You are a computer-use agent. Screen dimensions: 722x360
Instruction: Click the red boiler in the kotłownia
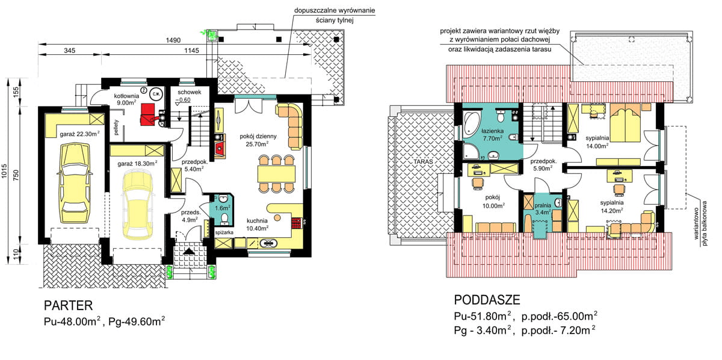coord(147,114)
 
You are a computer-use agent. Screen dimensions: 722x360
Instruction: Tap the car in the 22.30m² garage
coord(75,183)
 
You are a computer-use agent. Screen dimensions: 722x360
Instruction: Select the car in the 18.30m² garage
coord(138,205)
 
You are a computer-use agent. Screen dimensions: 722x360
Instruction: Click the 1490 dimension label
coord(173,40)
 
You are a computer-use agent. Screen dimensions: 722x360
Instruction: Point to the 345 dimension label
coord(69,51)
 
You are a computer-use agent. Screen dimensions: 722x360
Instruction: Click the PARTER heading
coord(69,305)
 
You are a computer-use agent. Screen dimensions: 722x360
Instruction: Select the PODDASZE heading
coord(487,300)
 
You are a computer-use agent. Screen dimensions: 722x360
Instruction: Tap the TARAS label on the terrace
coord(423,161)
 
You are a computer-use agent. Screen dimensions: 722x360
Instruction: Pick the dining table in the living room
coord(277,174)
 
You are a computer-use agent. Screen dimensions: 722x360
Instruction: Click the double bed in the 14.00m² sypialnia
coord(625,123)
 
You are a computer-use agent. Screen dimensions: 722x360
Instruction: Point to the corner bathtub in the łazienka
coord(471,122)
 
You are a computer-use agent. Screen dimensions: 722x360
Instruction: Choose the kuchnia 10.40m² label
coord(257,225)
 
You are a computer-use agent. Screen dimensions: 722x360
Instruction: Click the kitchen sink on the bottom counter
coord(268,243)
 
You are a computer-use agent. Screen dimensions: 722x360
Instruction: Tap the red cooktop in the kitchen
coord(297,223)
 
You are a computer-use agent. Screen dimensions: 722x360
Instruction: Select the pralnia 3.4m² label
coord(543,208)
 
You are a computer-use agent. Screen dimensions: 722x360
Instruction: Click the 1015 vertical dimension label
coord(4,171)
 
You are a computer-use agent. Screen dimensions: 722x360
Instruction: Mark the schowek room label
coord(189,92)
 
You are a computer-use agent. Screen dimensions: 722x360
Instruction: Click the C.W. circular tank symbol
coord(156,94)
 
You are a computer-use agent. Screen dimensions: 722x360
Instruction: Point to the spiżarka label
coord(224,232)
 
